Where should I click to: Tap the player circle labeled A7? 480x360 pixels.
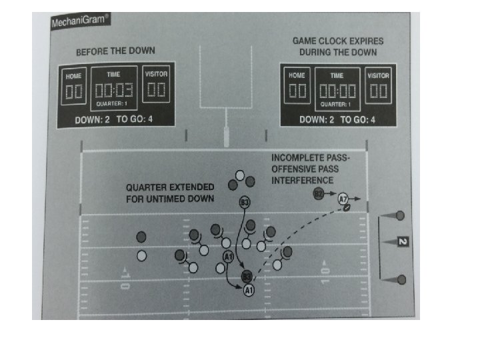pyautogui.click(x=343, y=198)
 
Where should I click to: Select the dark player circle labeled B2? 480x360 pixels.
pyautogui.click(x=319, y=194)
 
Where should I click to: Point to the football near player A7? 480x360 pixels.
pyautogui.click(x=347, y=207)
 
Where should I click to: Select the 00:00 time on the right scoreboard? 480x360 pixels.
pyautogui.click(x=337, y=91)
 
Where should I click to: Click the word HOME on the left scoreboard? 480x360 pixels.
pyautogui.click(x=73, y=77)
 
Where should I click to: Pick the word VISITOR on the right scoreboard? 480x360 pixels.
pyautogui.click(x=378, y=75)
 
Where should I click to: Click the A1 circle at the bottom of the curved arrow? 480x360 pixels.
pyautogui.click(x=249, y=290)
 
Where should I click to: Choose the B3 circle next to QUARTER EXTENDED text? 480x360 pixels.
pyautogui.click(x=245, y=202)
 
